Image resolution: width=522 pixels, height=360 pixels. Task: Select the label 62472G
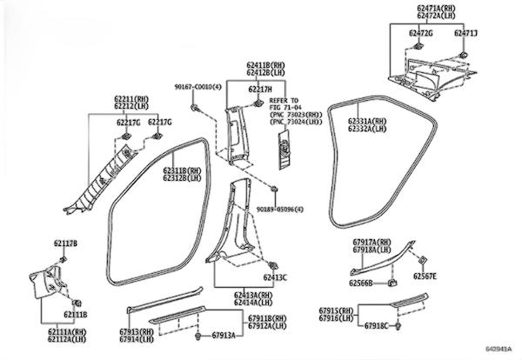421,32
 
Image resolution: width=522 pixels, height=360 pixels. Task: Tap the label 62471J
465,32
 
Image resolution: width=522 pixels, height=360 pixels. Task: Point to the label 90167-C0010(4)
197,87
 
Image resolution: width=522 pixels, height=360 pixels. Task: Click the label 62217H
259,90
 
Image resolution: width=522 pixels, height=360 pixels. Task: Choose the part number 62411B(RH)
265,66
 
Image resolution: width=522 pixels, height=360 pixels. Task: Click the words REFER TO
282,101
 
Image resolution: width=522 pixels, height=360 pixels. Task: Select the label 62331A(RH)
366,121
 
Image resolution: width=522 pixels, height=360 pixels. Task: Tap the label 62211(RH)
133,100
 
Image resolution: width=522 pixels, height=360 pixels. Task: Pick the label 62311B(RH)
182,171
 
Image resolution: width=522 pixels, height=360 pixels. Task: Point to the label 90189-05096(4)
281,209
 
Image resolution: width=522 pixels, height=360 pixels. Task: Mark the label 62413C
273,277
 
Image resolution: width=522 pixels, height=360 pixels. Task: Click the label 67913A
219,335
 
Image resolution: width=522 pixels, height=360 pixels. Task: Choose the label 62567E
425,277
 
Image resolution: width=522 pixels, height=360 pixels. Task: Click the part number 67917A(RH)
371,243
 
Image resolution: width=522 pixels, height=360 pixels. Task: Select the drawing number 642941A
497,350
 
